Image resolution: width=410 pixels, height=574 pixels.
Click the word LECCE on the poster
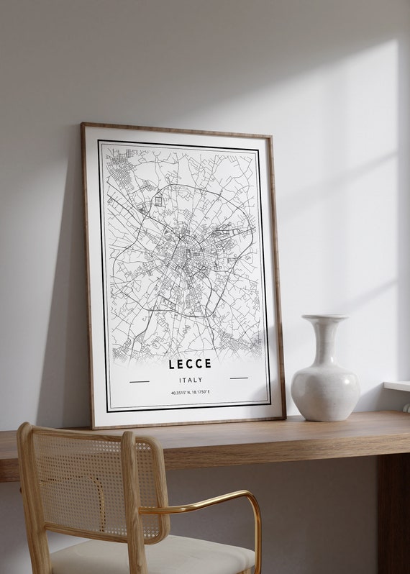pos(190,364)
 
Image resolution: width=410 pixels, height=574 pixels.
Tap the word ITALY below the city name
pos(190,380)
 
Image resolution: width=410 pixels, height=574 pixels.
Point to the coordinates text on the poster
pos(191,393)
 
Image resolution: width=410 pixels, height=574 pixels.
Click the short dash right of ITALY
pos(239,378)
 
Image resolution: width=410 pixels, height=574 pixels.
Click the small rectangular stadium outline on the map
pos(158,201)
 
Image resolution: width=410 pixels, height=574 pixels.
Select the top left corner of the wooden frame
pos(83,125)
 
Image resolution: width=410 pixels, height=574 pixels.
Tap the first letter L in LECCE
pos(172,364)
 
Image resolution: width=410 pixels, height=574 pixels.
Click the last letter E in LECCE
pos(208,364)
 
